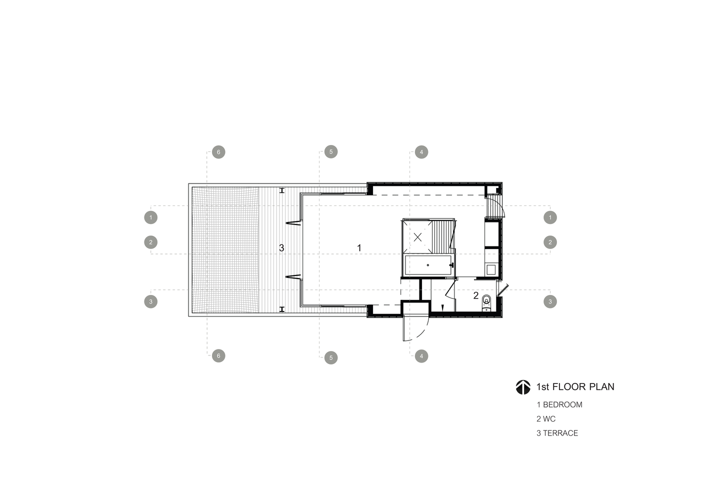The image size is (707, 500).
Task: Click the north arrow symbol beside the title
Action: click(523, 387)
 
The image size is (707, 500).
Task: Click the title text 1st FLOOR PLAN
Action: click(575, 387)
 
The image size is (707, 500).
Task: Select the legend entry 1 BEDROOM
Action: click(559, 404)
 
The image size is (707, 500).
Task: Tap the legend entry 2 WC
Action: click(545, 419)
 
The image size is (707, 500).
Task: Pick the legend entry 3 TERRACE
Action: click(557, 433)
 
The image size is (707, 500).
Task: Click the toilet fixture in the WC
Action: click(487, 302)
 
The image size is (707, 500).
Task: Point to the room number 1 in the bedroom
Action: click(359, 248)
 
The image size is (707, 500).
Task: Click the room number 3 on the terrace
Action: click(281, 248)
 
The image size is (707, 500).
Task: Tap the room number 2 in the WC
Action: click(476, 296)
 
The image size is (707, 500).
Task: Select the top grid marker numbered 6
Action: click(218, 152)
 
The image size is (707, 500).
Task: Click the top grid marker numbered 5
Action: click(331, 152)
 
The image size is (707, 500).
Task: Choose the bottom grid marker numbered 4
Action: click(421, 356)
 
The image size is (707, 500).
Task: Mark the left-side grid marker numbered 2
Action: click(151, 242)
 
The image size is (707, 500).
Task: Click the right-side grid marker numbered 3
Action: click(550, 302)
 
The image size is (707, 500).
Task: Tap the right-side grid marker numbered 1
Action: click(550, 217)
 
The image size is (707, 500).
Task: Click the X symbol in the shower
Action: click(417, 237)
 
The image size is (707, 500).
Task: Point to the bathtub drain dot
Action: click(428, 265)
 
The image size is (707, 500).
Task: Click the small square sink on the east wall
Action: click(491, 270)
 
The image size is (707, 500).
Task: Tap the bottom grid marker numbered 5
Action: click(331, 357)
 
